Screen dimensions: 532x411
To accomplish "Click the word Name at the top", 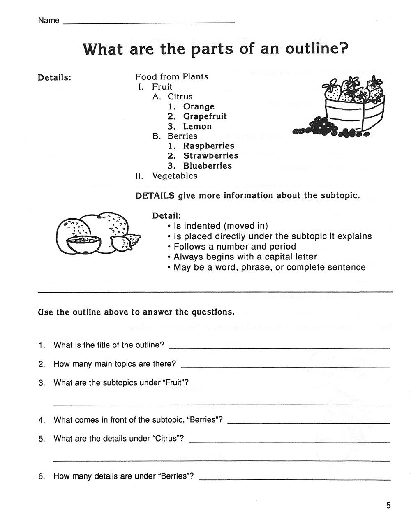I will [x=48, y=21].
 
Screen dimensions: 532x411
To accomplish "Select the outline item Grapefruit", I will [x=205, y=116].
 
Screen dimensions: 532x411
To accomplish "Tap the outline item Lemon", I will [x=197, y=126].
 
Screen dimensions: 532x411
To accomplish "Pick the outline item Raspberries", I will [x=208, y=146].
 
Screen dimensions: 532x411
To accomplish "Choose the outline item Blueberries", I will [x=207, y=166].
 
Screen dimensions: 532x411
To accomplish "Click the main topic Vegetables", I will [x=175, y=176].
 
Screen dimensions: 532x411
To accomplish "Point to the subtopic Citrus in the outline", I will [x=180, y=97].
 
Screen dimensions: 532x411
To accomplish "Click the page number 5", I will [x=388, y=506].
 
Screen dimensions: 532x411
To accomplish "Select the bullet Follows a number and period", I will [x=235, y=247].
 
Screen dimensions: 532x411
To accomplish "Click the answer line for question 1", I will [x=279, y=348].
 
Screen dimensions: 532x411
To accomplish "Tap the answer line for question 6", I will [x=294, y=479].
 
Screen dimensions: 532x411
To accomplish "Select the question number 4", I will [x=42, y=420].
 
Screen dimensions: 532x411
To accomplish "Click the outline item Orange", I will [x=199, y=106].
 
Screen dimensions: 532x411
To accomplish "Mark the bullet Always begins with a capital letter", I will [x=245, y=257].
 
